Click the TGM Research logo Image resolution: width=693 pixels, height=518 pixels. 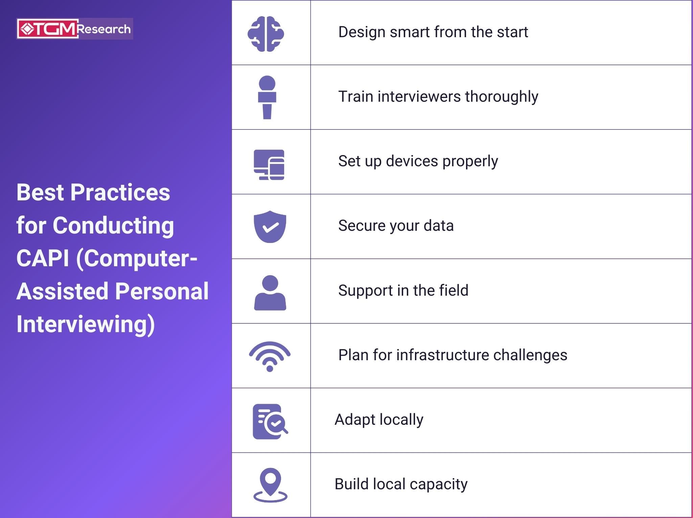pyautogui.click(x=75, y=29)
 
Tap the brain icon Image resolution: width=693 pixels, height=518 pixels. pyautogui.click(x=266, y=34)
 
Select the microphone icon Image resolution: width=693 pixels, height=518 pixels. pyautogui.click(x=267, y=97)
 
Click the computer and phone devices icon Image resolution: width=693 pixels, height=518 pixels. pyautogui.click(x=269, y=165)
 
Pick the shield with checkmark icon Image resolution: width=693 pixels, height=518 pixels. pyautogui.click(x=270, y=226)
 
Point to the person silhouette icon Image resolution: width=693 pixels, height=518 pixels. pyautogui.click(x=270, y=293)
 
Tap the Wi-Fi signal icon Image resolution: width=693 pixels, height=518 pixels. pyautogui.click(x=270, y=356)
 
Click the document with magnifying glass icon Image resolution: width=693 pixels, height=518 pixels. pyautogui.click(x=270, y=421)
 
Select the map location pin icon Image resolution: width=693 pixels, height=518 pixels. pyautogui.click(x=270, y=485)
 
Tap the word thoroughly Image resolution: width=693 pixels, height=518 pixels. pyautogui.click(x=502, y=97)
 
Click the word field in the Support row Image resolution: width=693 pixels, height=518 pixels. pyautogui.click(x=454, y=290)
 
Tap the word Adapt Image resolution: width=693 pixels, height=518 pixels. pyautogui.click(x=355, y=420)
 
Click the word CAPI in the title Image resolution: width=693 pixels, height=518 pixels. pyautogui.click(x=43, y=258)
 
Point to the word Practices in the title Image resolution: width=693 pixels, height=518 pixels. pyautogui.click(x=120, y=192)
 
